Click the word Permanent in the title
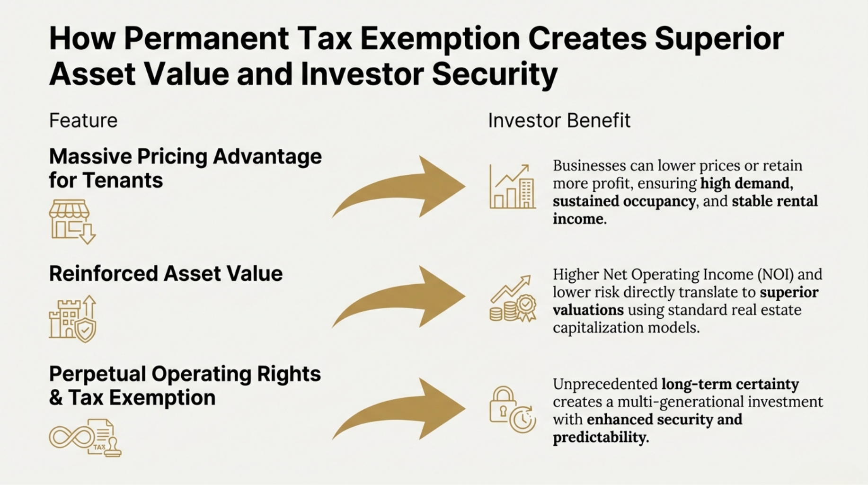(206, 38)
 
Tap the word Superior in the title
(719, 38)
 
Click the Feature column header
(83, 120)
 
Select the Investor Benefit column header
(559, 120)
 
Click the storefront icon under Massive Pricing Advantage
(72, 221)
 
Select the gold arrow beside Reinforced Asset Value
(399, 297)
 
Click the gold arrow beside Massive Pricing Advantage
(399, 187)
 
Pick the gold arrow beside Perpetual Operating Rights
(399, 409)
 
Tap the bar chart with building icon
(513, 187)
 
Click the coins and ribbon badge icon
(513, 298)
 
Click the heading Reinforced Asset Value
(166, 274)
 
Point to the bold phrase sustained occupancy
(624, 201)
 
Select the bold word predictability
(601, 437)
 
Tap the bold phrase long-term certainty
(730, 384)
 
